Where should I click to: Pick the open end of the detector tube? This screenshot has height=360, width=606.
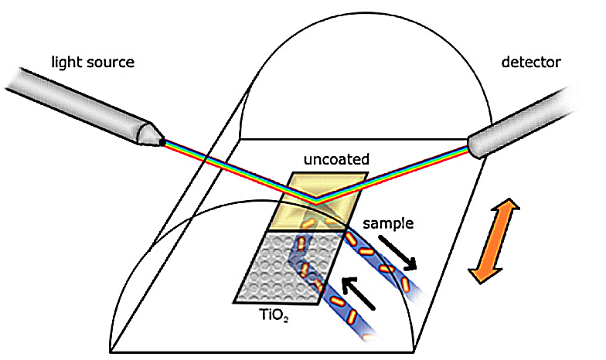pyautogui.click(x=473, y=147)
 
